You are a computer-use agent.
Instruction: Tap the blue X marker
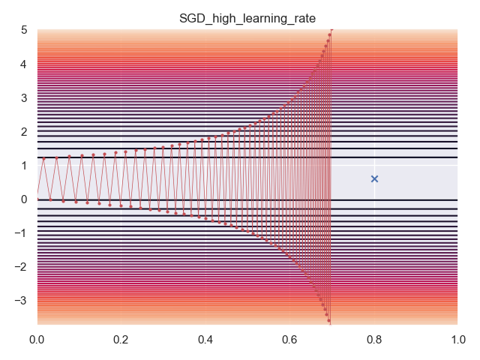click(x=374, y=178)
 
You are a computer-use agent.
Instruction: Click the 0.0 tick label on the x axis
click(x=37, y=340)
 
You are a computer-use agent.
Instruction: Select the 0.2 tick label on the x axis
click(x=121, y=340)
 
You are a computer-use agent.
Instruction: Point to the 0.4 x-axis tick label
click(x=205, y=340)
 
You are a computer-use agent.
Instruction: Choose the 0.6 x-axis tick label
click(x=289, y=340)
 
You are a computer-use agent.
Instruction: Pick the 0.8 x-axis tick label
click(x=373, y=340)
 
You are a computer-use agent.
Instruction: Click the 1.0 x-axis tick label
click(x=457, y=340)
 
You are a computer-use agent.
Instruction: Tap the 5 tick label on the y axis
click(x=24, y=30)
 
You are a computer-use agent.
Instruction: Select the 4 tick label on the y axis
click(x=24, y=64)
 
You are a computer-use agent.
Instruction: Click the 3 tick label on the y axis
click(x=24, y=97)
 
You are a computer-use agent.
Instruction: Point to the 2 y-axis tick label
click(x=24, y=131)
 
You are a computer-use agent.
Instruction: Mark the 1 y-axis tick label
click(x=24, y=165)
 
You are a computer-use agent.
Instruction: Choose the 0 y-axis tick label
click(x=24, y=199)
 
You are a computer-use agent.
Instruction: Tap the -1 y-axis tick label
click(x=22, y=232)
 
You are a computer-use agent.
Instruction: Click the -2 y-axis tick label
click(x=22, y=266)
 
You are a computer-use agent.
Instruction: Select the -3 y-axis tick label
click(x=22, y=300)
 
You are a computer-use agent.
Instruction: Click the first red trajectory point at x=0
click(x=37, y=193)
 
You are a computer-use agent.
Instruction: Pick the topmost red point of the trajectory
click(x=331, y=31)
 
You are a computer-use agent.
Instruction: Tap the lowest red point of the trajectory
click(x=329, y=321)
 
